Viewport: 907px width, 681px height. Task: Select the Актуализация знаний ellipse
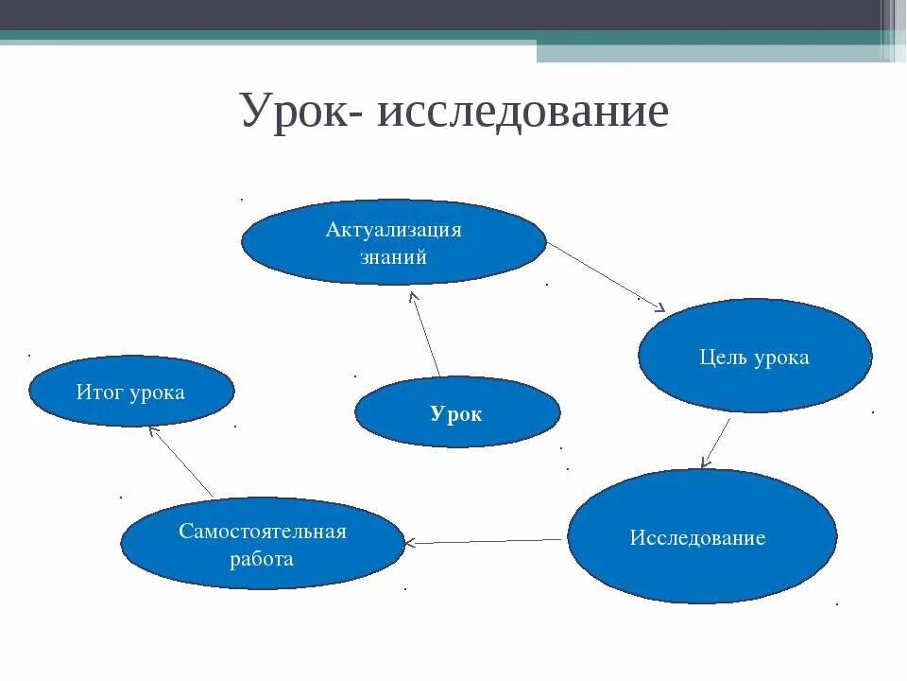click(x=393, y=242)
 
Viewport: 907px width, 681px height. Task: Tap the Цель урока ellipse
click(x=755, y=356)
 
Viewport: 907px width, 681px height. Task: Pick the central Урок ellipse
click(x=457, y=412)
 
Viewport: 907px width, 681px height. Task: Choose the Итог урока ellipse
click(x=130, y=392)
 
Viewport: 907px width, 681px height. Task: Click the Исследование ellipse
click(x=702, y=536)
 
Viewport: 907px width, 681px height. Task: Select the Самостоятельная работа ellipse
click(x=262, y=544)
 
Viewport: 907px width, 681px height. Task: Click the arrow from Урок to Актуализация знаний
click(x=426, y=334)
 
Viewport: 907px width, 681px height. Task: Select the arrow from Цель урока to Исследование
click(x=717, y=442)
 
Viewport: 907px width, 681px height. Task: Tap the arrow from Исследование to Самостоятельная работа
click(x=486, y=541)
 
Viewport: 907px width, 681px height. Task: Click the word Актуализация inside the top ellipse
click(x=393, y=230)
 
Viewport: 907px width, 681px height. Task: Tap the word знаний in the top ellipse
click(x=393, y=256)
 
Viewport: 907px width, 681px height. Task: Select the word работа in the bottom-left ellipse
click(x=262, y=558)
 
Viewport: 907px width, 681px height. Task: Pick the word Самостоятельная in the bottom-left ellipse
click(x=262, y=531)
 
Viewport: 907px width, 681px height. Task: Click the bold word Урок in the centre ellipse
click(x=456, y=413)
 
